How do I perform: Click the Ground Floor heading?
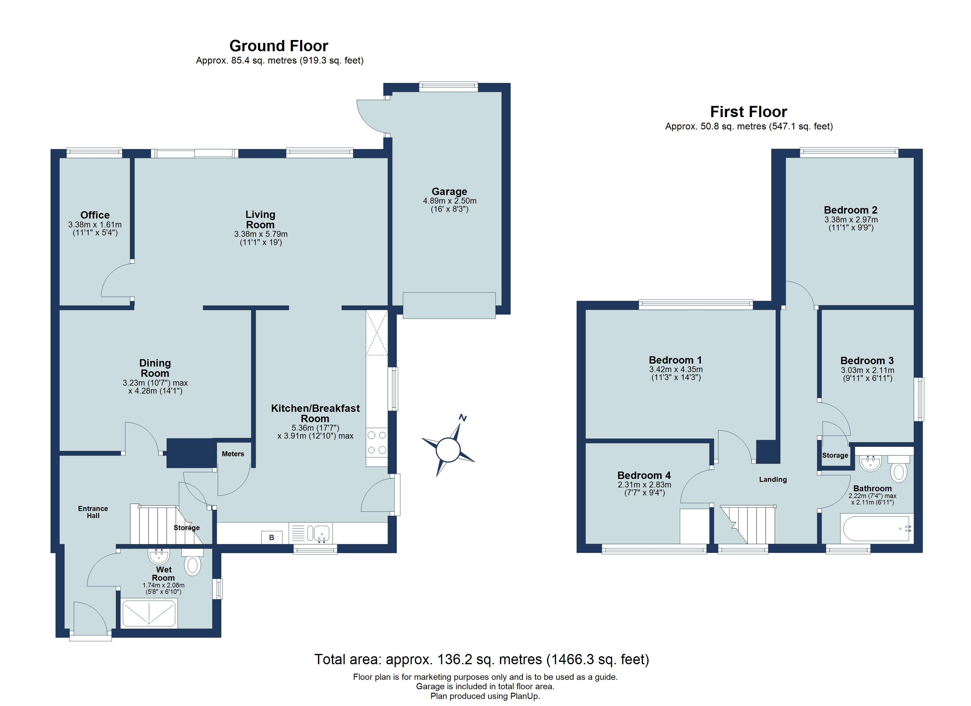[279, 46]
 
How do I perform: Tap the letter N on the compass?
[462, 417]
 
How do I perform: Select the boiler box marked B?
[271, 537]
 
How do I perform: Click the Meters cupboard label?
[233, 454]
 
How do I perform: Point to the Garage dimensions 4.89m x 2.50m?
[450, 201]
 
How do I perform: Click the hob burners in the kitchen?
[377, 443]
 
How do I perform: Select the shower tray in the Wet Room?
[149, 614]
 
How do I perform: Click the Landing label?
[773, 479]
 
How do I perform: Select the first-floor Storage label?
[835, 456]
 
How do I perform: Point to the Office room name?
[95, 215]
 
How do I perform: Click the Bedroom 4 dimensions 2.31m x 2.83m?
[644, 485]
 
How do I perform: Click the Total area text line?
[482, 659]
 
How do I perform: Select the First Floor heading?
[748, 112]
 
